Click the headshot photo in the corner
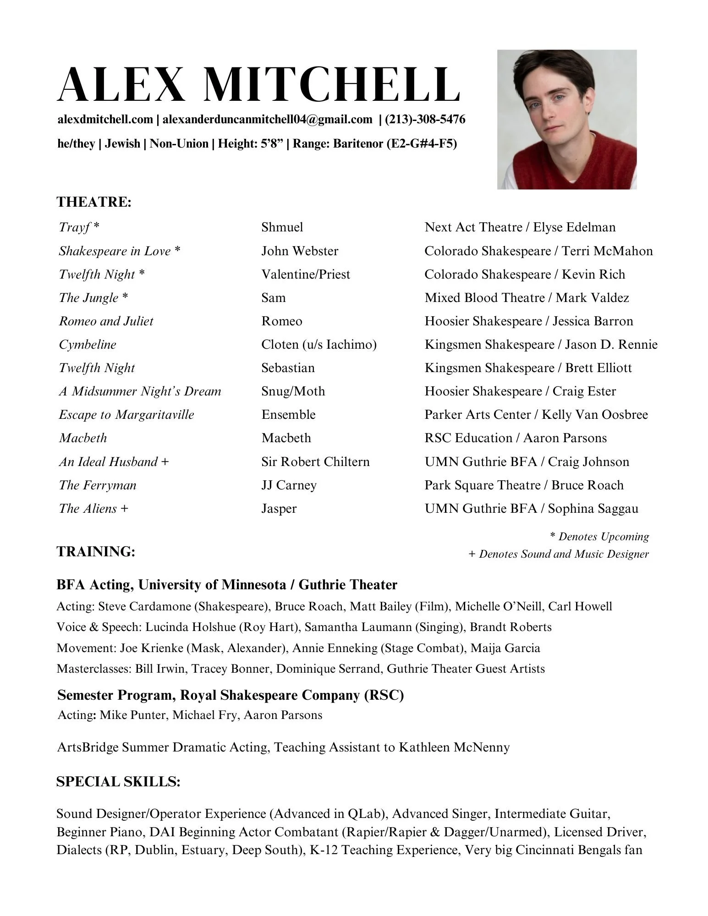tap(566, 119)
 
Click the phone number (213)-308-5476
tap(425, 120)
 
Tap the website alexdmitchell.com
tap(105, 120)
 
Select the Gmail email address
tap(267, 120)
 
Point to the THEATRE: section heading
tap(94, 202)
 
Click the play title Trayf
tap(75, 227)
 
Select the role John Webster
tap(300, 251)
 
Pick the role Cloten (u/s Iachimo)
tap(319, 345)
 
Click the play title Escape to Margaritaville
tap(126, 415)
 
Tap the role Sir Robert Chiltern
tap(315, 462)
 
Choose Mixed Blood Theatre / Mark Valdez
tap(527, 298)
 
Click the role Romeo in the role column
tap(282, 321)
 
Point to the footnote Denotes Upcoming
tap(603, 537)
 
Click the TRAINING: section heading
tap(96, 552)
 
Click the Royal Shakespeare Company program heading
tap(231, 695)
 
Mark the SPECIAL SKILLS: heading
tap(118, 782)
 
